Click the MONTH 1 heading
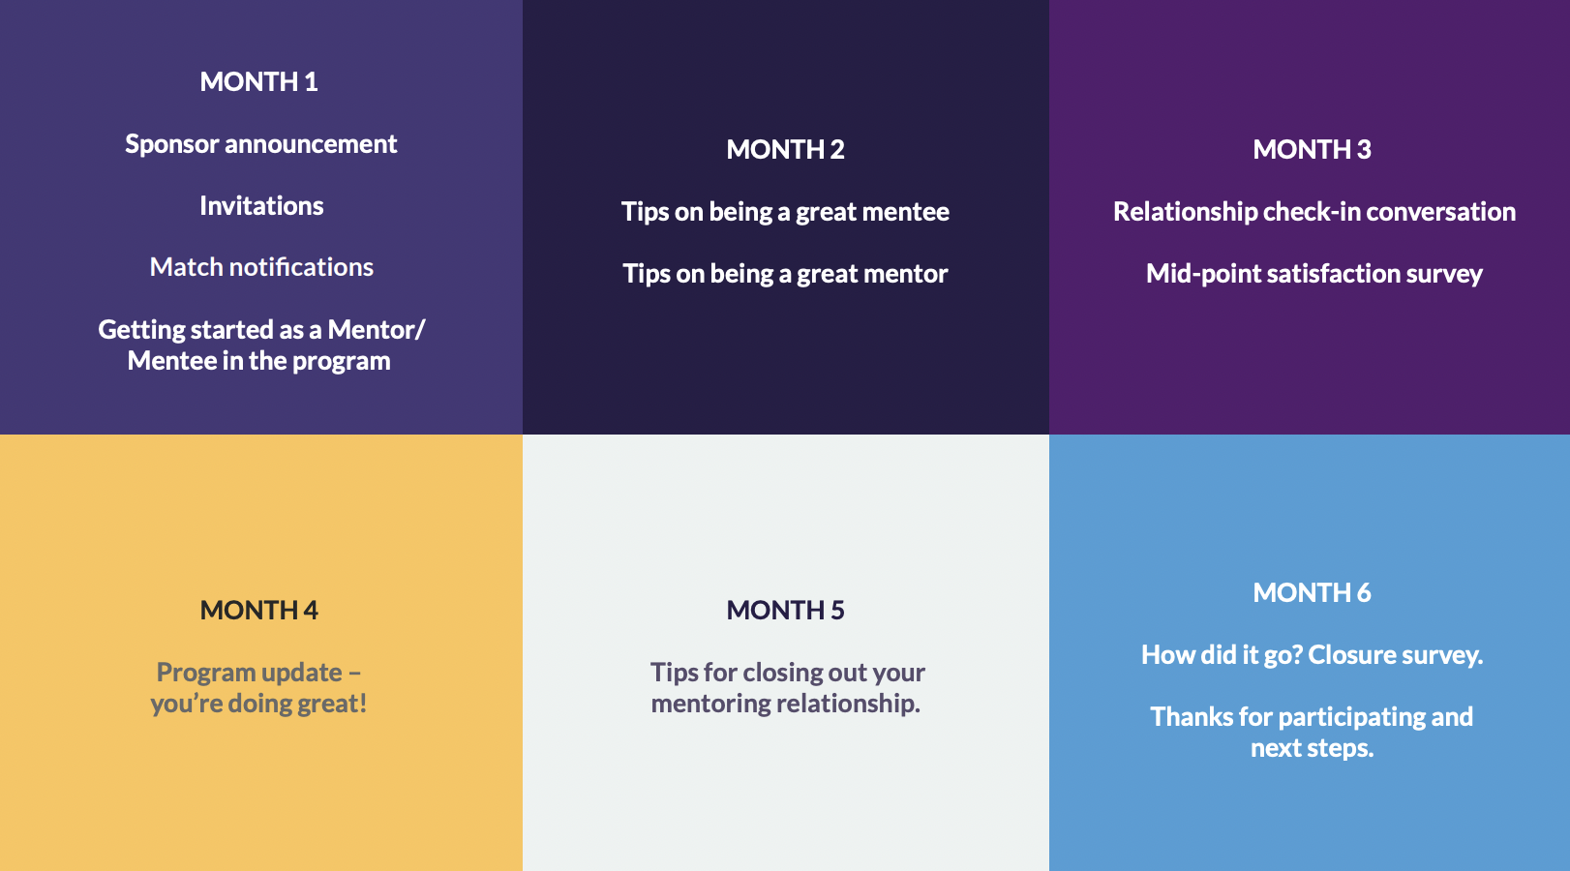pyautogui.click(x=258, y=82)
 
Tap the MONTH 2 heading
pyautogui.click(x=785, y=150)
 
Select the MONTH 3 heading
pyautogui.click(x=1312, y=150)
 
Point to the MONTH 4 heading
pyautogui.click(x=258, y=611)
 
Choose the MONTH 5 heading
pyautogui.click(x=785, y=611)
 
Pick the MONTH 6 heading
pyautogui.click(x=1312, y=593)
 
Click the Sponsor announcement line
pyautogui.click(x=260, y=144)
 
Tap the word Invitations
pyautogui.click(x=261, y=206)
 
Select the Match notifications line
pyautogui.click(x=261, y=267)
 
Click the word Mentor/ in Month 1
pyautogui.click(x=377, y=330)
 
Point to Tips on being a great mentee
pyautogui.click(x=785, y=212)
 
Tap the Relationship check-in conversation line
pyautogui.click(x=1313, y=212)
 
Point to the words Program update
pyautogui.click(x=250, y=673)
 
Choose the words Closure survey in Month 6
pyautogui.click(x=1395, y=655)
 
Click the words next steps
pyautogui.click(x=1312, y=748)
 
